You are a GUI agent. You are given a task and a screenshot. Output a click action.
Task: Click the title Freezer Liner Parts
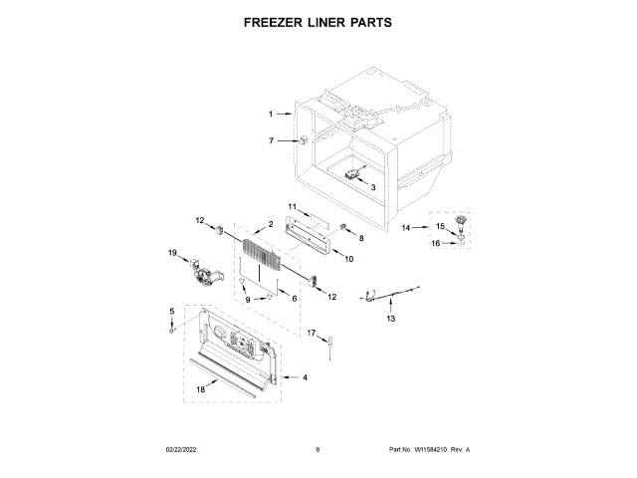pos(318,21)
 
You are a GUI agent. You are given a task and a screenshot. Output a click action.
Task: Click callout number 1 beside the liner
pos(270,115)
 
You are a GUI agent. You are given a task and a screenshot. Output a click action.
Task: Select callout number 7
pos(270,140)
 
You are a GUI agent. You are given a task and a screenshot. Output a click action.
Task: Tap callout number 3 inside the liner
pos(372,186)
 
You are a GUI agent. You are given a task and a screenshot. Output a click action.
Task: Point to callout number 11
pos(293,206)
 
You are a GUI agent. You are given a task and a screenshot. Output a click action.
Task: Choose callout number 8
pos(361,239)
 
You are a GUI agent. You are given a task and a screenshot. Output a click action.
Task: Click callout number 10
pos(348,259)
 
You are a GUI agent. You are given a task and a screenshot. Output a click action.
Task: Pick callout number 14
pos(405,228)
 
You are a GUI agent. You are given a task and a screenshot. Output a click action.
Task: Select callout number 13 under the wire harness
pos(390,319)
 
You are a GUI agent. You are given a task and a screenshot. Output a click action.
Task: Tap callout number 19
pos(171,254)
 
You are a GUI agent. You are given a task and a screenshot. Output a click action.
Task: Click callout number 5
pos(171,313)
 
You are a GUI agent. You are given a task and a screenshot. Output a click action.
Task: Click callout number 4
pos(305,377)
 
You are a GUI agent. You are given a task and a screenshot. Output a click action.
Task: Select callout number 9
pos(248,299)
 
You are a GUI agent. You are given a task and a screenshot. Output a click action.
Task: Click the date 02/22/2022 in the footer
pos(178,450)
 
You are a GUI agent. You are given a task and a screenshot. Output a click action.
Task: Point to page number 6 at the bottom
pos(318,450)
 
